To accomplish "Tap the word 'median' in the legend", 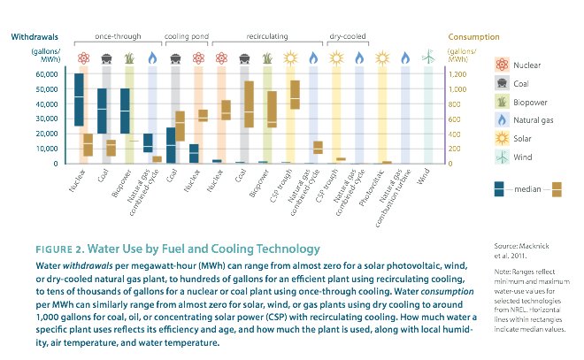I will [x=529, y=188].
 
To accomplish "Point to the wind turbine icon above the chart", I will [x=429, y=58].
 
